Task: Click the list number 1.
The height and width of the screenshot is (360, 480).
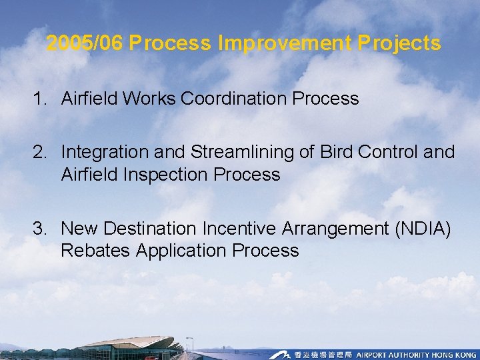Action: click(x=40, y=99)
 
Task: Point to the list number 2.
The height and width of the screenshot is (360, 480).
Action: click(x=40, y=152)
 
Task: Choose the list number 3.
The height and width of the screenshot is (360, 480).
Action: click(x=40, y=229)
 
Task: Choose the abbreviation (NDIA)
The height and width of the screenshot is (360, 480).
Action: click(x=422, y=229)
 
